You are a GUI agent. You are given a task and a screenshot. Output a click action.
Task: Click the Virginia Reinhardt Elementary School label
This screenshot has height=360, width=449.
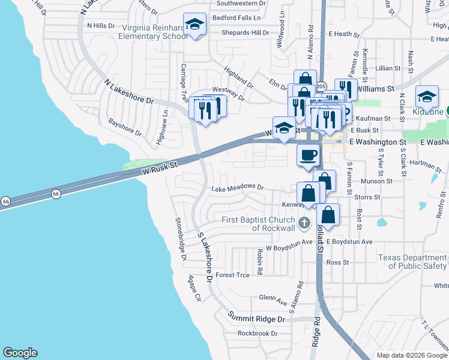coord(155,32)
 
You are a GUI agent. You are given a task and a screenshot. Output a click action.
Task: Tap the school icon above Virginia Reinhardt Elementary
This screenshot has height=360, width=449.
coord(194,25)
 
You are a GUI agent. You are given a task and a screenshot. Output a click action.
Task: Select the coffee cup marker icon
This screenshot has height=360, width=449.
coord(308,155)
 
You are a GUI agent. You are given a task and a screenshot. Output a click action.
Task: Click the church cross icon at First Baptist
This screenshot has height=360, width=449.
coord(304,224)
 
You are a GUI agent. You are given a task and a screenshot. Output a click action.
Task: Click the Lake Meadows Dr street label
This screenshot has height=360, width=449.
coord(238,188)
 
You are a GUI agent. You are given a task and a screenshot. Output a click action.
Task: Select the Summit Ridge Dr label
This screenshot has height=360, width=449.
coord(257,315)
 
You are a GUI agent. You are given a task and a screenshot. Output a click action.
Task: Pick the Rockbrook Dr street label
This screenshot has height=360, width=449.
coord(257,334)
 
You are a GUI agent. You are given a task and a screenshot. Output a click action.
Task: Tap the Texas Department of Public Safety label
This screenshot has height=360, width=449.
coord(413,262)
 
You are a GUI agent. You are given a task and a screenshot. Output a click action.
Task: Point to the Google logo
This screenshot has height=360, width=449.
coord(20,353)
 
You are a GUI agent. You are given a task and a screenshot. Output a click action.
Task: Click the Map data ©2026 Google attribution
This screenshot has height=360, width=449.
coord(411,355)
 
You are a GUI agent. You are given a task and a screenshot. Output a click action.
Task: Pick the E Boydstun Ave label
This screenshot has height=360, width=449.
coord(351,242)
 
